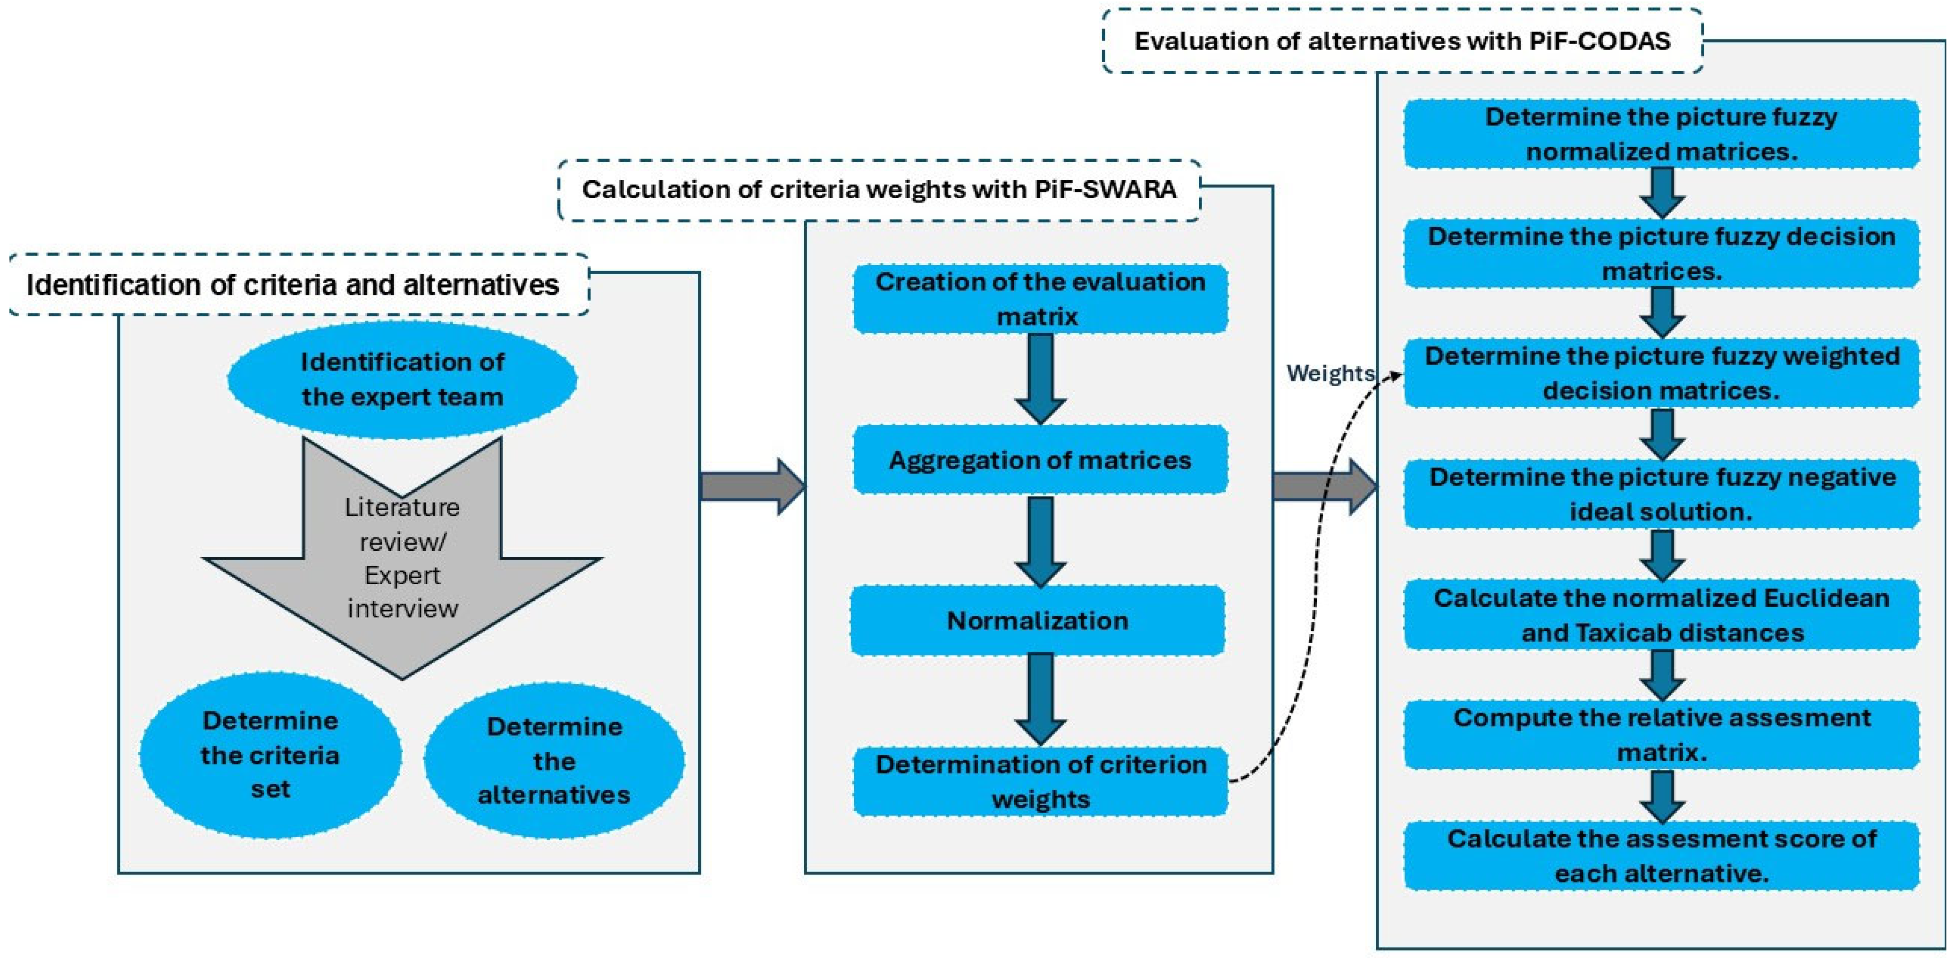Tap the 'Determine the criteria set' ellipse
[x=270, y=755]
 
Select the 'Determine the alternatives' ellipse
[x=554, y=760]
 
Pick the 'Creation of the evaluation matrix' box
[x=1040, y=299]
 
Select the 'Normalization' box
[x=1037, y=620]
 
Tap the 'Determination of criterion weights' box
[x=1040, y=782]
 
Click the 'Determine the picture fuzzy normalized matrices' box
[x=1661, y=134]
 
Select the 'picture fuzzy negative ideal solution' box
[x=1661, y=494]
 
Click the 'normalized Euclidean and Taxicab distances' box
[x=1661, y=614]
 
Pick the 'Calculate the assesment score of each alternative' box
[x=1661, y=856]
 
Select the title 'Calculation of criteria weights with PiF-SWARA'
[x=879, y=190]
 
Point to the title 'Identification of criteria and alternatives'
[x=293, y=285]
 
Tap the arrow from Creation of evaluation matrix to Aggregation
[x=1040, y=379]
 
